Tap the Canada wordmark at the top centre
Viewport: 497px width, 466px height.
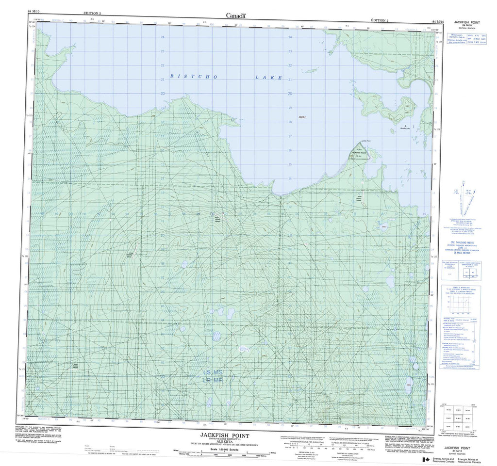point(235,16)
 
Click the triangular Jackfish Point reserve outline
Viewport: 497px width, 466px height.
point(360,153)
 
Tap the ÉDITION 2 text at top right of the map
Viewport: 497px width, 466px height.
point(379,21)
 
